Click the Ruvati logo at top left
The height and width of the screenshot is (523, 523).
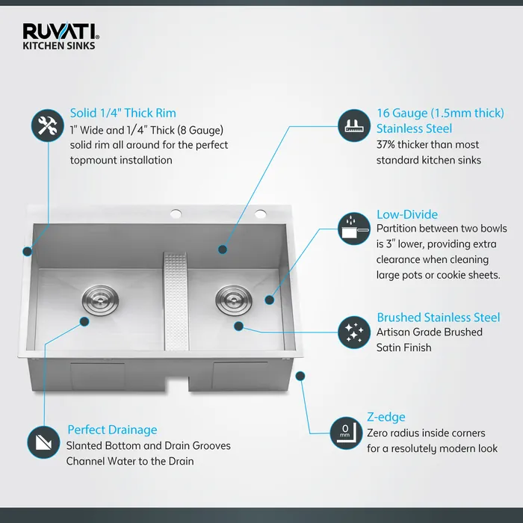coord(61,31)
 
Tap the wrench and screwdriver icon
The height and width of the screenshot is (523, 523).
coord(47,126)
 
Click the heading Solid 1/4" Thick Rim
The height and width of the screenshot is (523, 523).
coord(123,113)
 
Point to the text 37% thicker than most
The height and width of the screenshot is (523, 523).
coord(428,144)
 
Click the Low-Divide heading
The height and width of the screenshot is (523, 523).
coord(407,214)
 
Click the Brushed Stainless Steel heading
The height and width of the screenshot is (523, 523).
coord(439,318)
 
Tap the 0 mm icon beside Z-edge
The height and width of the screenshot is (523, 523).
coord(344,432)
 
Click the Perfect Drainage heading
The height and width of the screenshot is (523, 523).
coord(112,430)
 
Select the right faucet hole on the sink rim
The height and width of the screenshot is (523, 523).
coord(261,215)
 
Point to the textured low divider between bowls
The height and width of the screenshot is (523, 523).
coord(178,299)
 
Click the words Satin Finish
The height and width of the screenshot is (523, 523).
coord(404,347)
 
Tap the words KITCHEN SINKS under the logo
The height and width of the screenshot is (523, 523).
coord(59,46)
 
